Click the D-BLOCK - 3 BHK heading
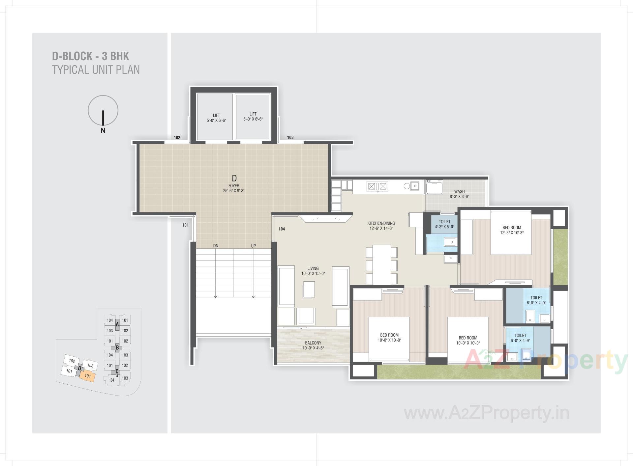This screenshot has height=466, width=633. tap(90, 56)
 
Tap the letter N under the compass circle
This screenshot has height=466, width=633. tap(103, 130)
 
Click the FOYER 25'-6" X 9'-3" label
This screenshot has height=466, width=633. tap(234, 188)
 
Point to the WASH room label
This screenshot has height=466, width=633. tap(459, 194)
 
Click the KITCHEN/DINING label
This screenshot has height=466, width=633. tap(381, 226)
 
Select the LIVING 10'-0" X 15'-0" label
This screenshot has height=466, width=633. tap(313, 271)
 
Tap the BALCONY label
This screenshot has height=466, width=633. tap(313, 345)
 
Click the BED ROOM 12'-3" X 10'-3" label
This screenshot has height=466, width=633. tap(512, 230)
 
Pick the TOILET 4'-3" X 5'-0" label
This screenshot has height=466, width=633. tap(444, 224)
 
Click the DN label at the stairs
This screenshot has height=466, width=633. tap(216, 246)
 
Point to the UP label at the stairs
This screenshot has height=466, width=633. tap(254, 246)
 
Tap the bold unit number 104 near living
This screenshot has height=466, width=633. tap(282, 229)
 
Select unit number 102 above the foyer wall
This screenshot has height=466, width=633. tap(177, 138)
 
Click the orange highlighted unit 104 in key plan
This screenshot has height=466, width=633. tap(87, 376)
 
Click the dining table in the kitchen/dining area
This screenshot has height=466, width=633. tap(381, 264)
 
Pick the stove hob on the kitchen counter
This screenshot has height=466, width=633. tap(377, 187)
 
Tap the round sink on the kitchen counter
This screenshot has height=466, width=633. tap(407, 186)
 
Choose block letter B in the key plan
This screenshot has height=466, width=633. tap(117, 347)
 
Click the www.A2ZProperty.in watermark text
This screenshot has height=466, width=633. tap(486, 413)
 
